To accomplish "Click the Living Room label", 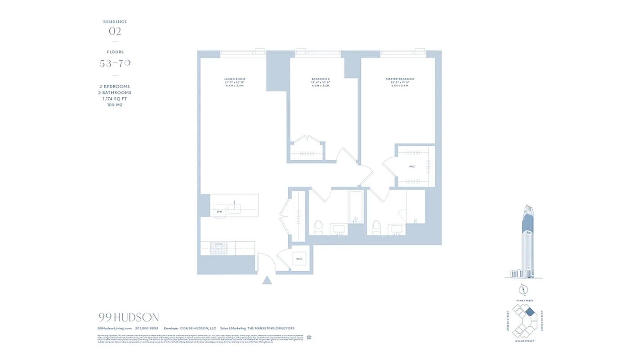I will pyautogui.click(x=234, y=79).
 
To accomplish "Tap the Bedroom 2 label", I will pyautogui.click(x=321, y=79).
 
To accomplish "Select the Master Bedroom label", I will pyautogui.click(x=400, y=79).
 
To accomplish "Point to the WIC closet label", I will pyautogui.click(x=412, y=166).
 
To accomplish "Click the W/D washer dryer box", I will pyautogui.click(x=299, y=259).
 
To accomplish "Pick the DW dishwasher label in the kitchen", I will pyautogui.click(x=219, y=211).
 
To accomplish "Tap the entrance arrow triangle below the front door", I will pyautogui.click(x=268, y=280).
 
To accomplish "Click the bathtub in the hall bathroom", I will pyautogui.click(x=356, y=207).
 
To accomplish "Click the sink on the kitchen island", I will pyautogui.click(x=234, y=208).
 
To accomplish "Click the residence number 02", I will pyautogui.click(x=115, y=31).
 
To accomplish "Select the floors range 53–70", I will pyautogui.click(x=115, y=63).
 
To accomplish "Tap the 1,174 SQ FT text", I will pyautogui.click(x=115, y=99).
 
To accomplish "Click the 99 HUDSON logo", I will pyautogui.click(x=128, y=317).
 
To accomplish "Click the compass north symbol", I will pyautogui.click(x=524, y=289).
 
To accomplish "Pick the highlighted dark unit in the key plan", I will pyautogui.click(x=530, y=311).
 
